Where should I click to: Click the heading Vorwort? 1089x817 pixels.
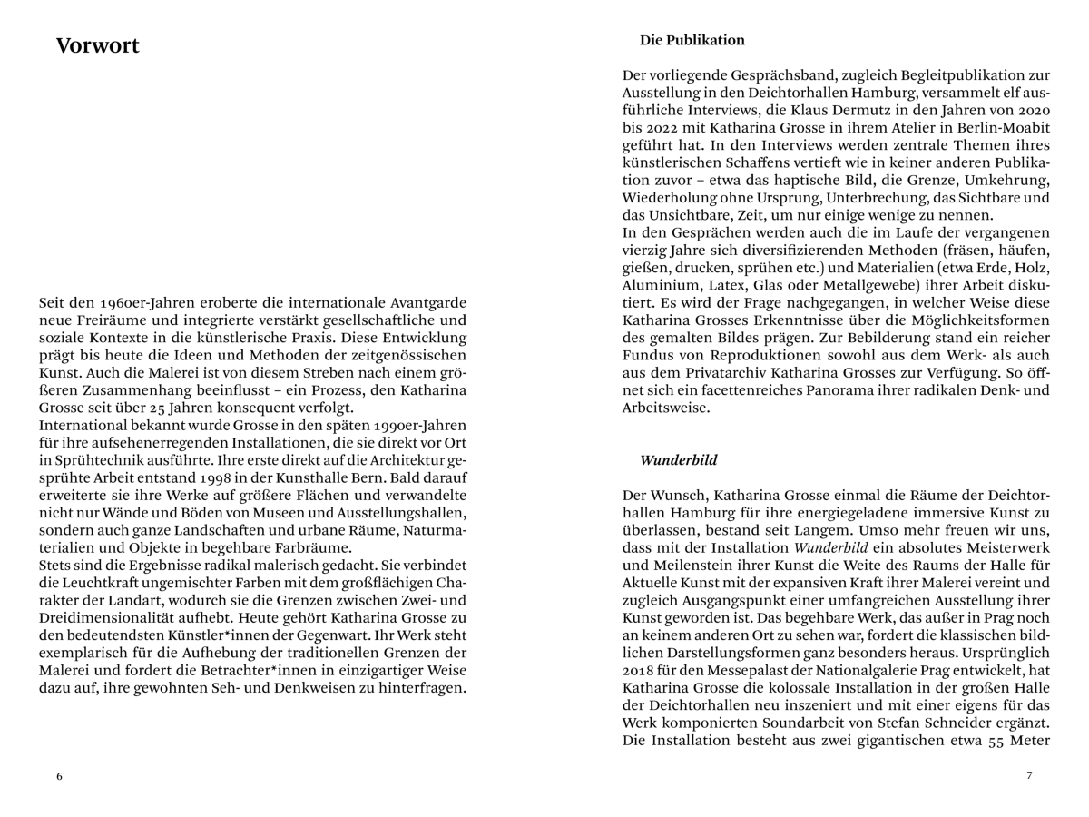click(x=97, y=46)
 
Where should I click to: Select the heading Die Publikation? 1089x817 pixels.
click(x=692, y=40)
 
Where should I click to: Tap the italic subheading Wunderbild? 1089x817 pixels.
click(x=678, y=460)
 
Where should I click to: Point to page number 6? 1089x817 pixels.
click(x=60, y=776)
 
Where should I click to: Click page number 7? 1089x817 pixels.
click(x=1029, y=775)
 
